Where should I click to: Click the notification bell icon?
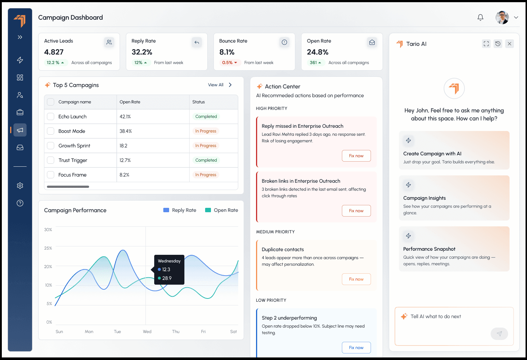point(480,17)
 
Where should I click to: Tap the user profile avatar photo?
point(502,17)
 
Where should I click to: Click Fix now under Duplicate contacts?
point(356,279)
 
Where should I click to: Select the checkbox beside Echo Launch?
point(51,116)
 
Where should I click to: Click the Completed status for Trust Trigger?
point(206,160)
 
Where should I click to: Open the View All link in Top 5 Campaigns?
point(216,85)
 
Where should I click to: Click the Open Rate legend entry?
point(222,210)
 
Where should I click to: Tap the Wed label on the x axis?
point(147,332)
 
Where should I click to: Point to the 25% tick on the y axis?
point(48,248)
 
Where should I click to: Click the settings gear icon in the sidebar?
point(20,186)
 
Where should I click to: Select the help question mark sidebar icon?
point(20,203)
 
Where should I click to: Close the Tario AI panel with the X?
point(509,44)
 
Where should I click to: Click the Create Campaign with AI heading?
point(432,154)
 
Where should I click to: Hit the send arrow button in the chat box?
point(499,334)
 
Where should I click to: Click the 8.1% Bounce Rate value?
point(227,52)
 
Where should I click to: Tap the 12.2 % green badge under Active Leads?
point(55,63)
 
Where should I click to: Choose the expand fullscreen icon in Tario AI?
point(486,44)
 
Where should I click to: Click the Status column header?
point(199,102)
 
